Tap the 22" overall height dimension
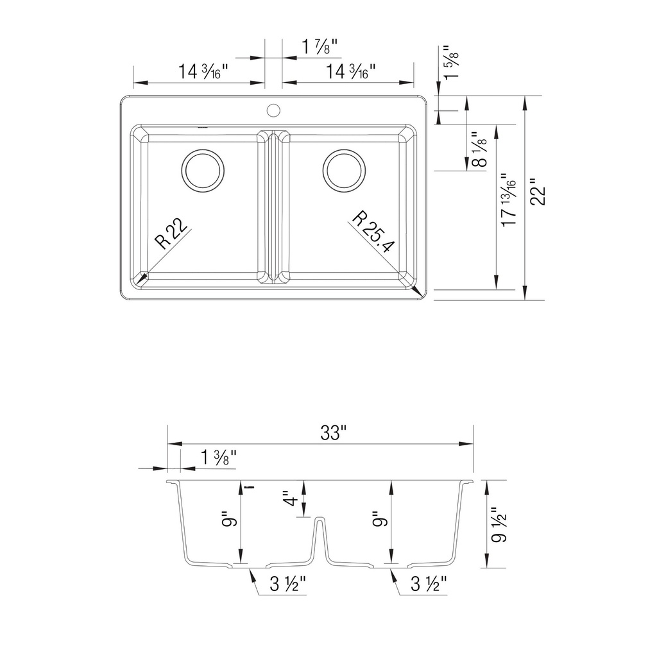click(x=538, y=192)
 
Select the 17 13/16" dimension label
click(x=509, y=200)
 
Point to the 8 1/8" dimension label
click(x=479, y=149)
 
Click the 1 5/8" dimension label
click(x=451, y=62)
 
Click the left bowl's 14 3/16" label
click(x=203, y=71)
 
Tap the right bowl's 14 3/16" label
click(x=350, y=71)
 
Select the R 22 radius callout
click(x=171, y=234)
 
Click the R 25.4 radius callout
click(x=373, y=232)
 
